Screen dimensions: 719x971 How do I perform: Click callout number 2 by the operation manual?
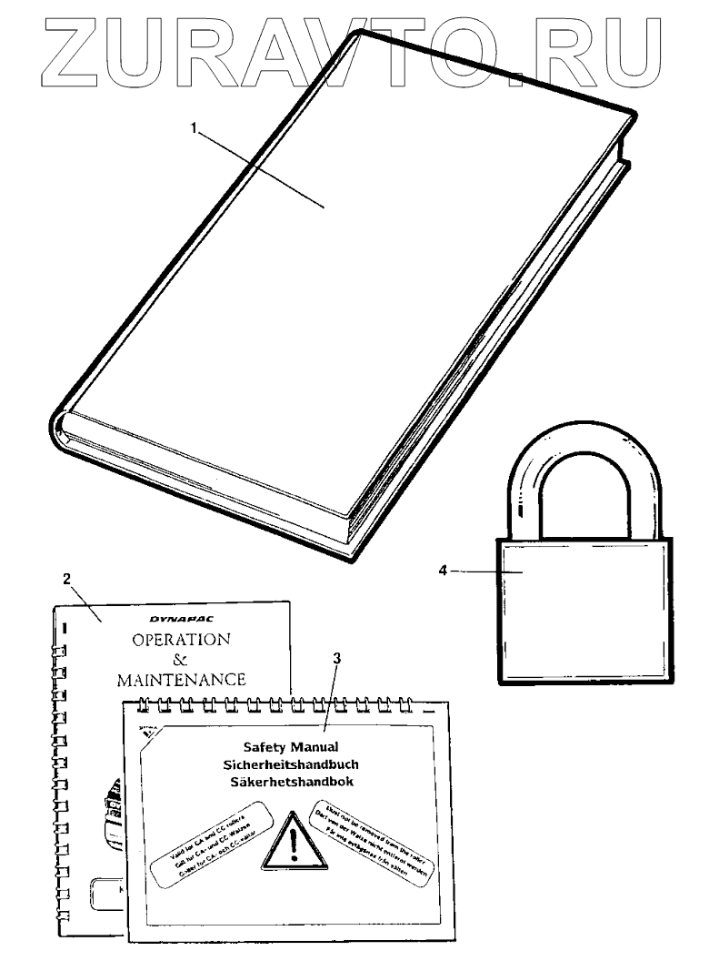(x=66, y=577)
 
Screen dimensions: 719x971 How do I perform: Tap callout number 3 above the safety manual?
(x=337, y=658)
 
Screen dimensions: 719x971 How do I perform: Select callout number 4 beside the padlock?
(x=443, y=571)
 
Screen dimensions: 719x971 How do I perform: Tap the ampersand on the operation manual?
(x=180, y=659)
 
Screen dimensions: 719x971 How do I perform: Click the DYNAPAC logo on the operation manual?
(x=180, y=616)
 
